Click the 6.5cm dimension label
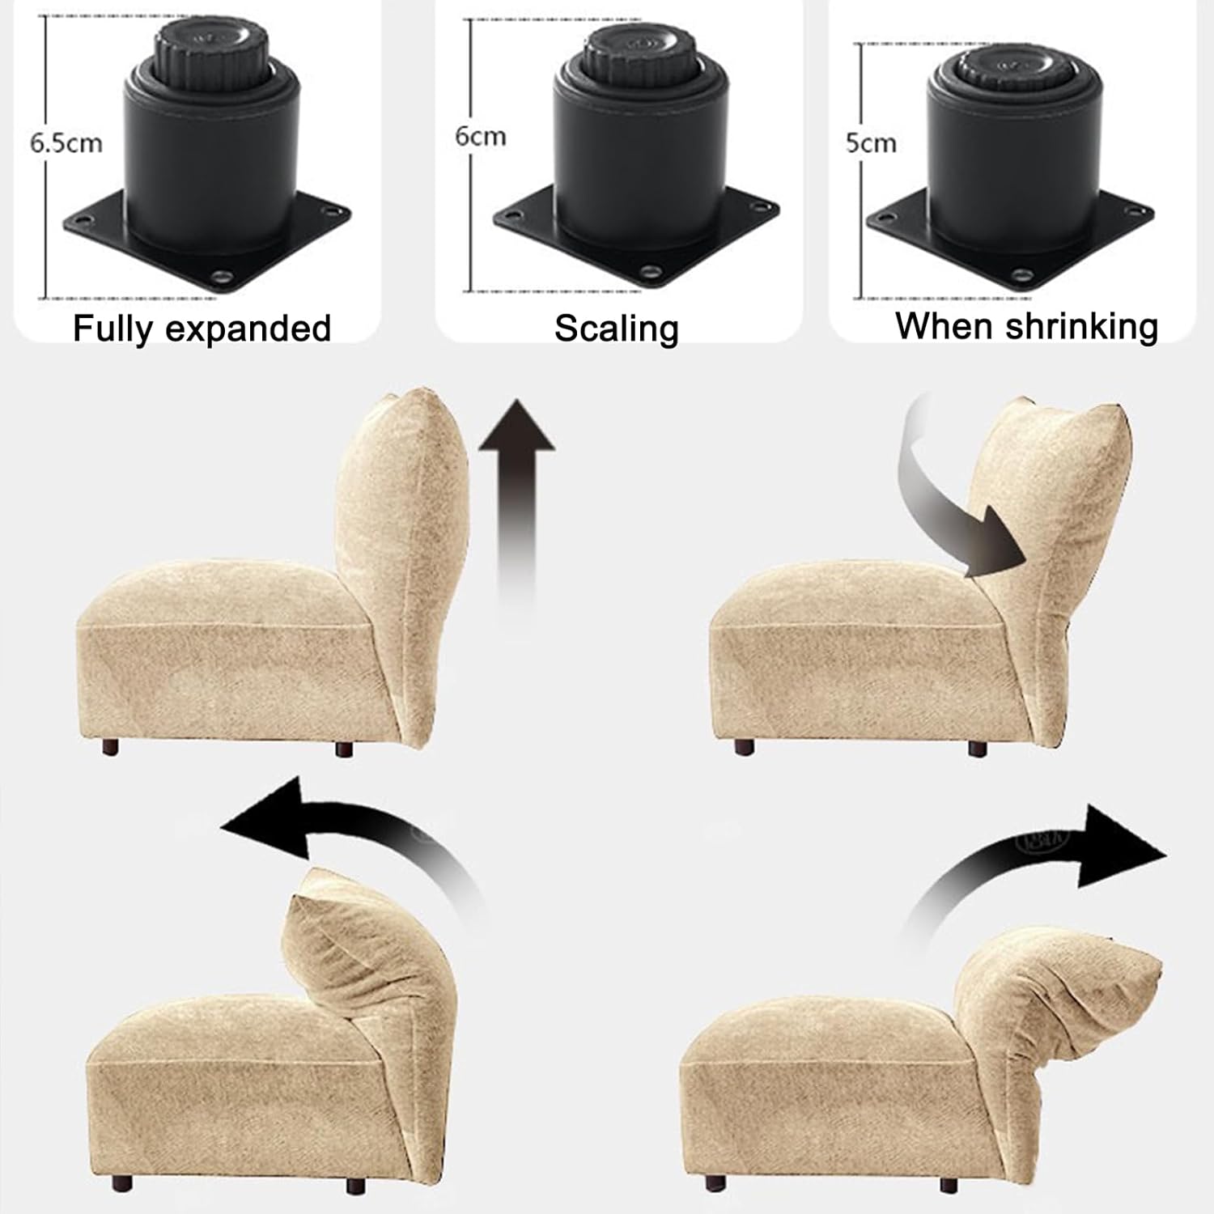[x=66, y=144]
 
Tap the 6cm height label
[x=481, y=136]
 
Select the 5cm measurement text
[x=871, y=143]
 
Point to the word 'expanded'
[x=250, y=329]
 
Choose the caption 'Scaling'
[x=617, y=329]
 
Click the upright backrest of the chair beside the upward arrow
[x=401, y=550]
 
